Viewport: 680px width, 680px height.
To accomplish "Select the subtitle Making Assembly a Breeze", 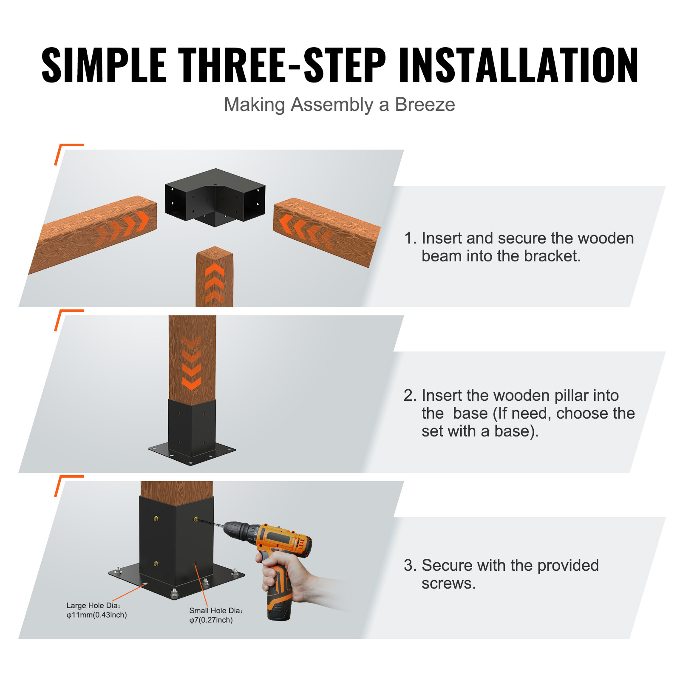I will (339, 105).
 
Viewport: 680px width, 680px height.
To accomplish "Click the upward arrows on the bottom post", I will (214, 283).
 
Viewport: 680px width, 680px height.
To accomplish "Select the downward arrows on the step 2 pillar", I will (191, 363).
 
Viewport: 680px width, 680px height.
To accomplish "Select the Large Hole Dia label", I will (93, 605).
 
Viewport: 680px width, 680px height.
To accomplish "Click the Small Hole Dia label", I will (215, 610).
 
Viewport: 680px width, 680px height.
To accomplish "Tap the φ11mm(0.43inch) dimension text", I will (96, 615).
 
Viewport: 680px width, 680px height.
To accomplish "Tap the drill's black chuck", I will (236, 531).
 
